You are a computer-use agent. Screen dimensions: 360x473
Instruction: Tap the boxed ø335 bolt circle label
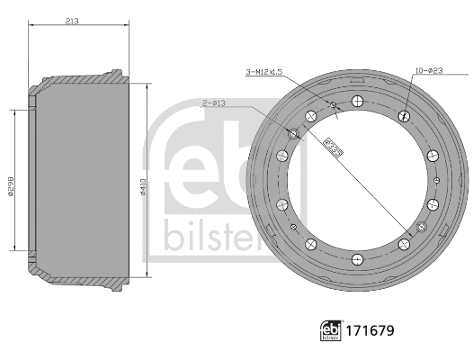tap(332, 145)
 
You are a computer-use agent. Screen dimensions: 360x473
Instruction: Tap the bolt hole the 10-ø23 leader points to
tap(401, 113)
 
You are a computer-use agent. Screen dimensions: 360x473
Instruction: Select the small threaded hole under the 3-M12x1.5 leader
tap(333, 105)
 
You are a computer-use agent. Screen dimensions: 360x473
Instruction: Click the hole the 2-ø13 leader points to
tap(293, 134)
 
